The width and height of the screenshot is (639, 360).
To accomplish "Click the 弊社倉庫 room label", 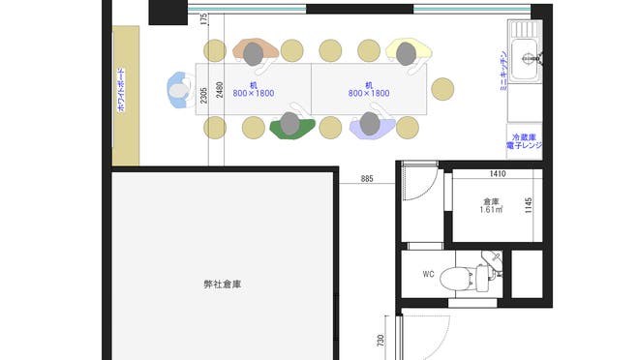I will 222,285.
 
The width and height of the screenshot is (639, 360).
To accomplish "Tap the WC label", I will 427,274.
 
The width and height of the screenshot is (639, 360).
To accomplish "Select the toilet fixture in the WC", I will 463,279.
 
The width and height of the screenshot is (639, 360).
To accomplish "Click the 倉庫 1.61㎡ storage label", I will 491,206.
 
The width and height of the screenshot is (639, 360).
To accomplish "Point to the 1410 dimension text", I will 498,175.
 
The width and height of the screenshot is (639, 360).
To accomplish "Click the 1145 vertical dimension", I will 529,206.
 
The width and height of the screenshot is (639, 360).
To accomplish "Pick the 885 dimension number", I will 367,179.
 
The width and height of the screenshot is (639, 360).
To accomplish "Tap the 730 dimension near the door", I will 381,341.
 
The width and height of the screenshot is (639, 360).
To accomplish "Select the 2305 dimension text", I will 204,95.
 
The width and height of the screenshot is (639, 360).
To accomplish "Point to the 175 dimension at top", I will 204,20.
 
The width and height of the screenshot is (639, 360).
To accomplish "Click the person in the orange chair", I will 254,52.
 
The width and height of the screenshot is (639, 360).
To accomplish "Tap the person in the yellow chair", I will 407,53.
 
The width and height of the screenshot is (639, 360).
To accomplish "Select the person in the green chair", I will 289,124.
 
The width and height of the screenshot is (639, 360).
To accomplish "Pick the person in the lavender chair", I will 370,124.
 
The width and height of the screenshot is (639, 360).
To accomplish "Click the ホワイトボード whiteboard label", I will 121,93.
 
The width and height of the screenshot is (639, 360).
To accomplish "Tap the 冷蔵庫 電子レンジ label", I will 529,142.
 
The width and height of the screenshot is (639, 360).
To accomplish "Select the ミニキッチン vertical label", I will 502,70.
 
